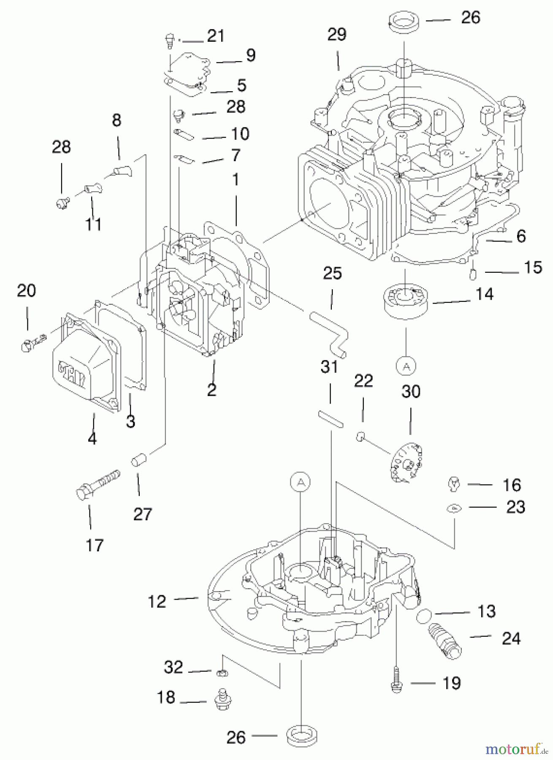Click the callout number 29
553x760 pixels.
click(336, 35)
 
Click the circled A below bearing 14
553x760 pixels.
click(406, 366)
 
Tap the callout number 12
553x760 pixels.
click(157, 601)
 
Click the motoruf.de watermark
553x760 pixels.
click(517, 749)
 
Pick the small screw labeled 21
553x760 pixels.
click(168, 41)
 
